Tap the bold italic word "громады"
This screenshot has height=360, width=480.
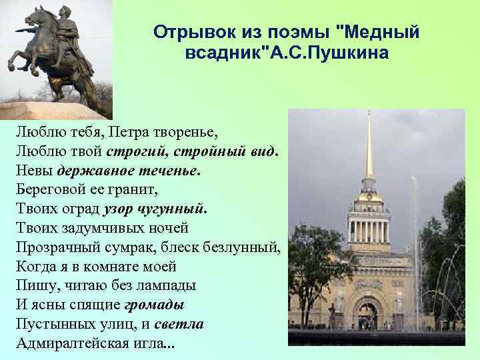coord(155,305)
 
